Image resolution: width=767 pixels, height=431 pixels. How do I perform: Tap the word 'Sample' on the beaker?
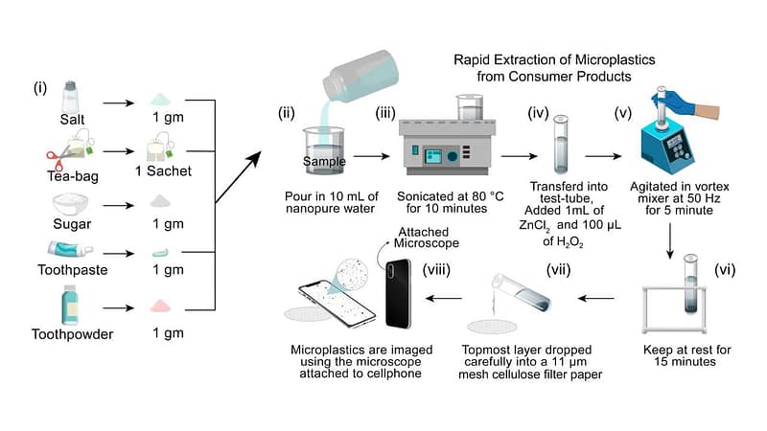coord(324,161)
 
